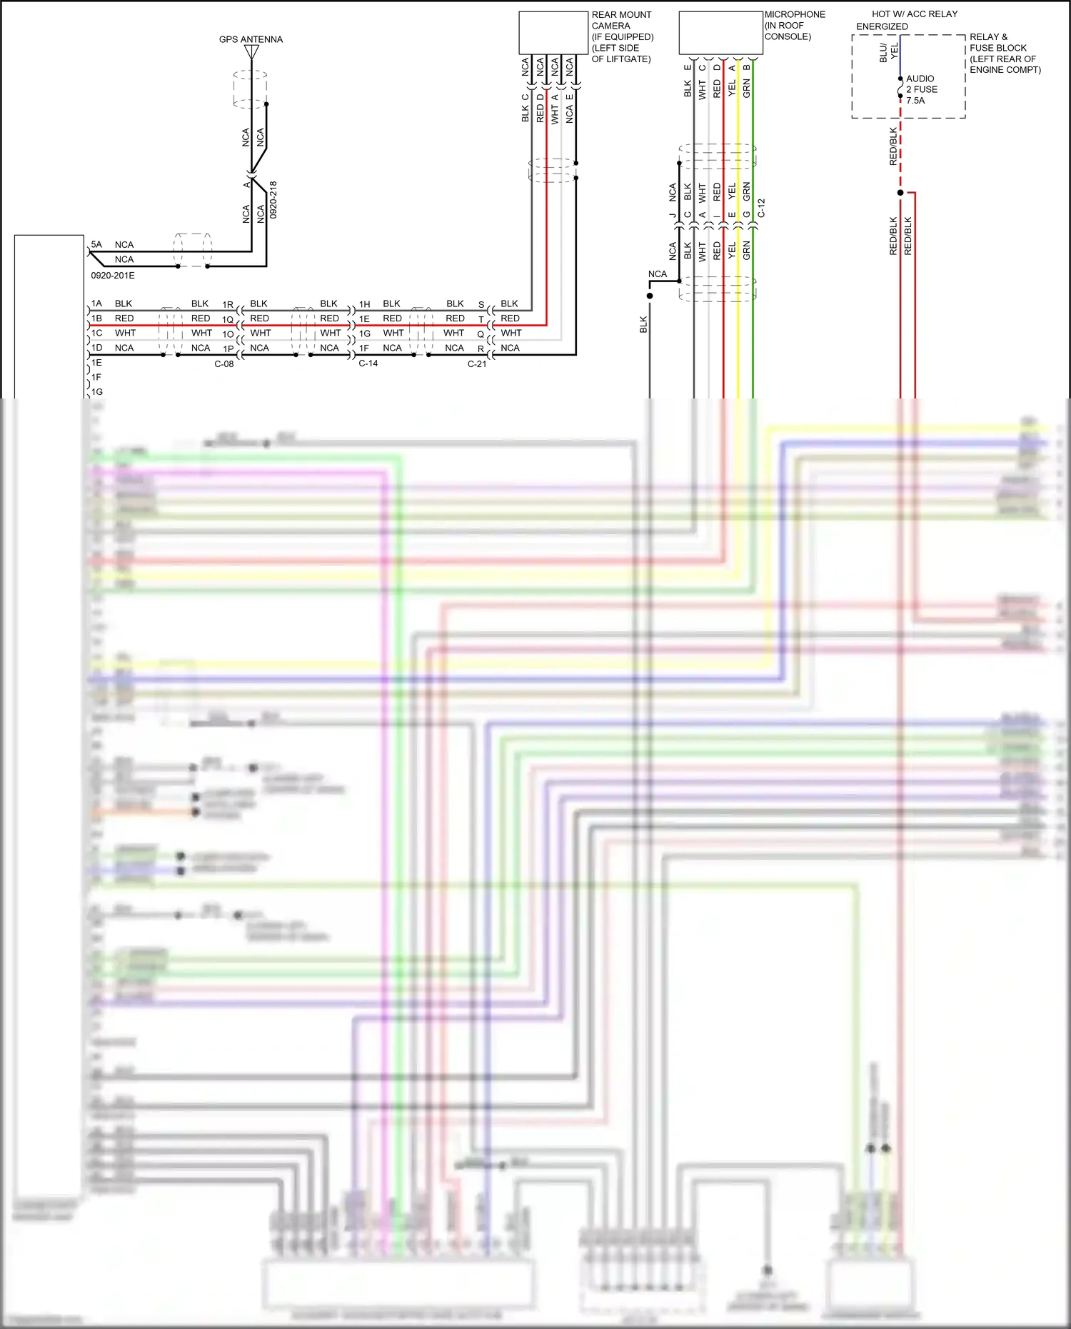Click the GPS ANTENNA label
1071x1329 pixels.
pos(251,39)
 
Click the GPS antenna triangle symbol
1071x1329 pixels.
pos(251,52)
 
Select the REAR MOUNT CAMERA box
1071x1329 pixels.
pos(553,33)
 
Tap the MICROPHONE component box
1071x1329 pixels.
pos(720,33)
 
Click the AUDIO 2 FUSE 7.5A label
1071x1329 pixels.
pos(921,89)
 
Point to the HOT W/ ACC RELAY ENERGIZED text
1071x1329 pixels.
pos(907,20)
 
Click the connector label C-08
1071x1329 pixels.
pos(224,364)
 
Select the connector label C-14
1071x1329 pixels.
pos(368,363)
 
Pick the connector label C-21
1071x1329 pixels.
pos(477,364)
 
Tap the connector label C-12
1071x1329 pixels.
pos(762,209)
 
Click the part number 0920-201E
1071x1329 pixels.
pos(113,276)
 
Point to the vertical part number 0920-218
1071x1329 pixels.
pos(273,200)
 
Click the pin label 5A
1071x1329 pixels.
pos(96,244)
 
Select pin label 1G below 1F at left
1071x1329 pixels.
pos(97,392)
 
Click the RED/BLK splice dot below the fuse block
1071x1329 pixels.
pos(900,193)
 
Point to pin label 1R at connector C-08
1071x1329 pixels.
pos(228,305)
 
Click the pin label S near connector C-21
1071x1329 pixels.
pos(481,305)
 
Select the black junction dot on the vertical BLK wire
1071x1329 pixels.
pos(650,296)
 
